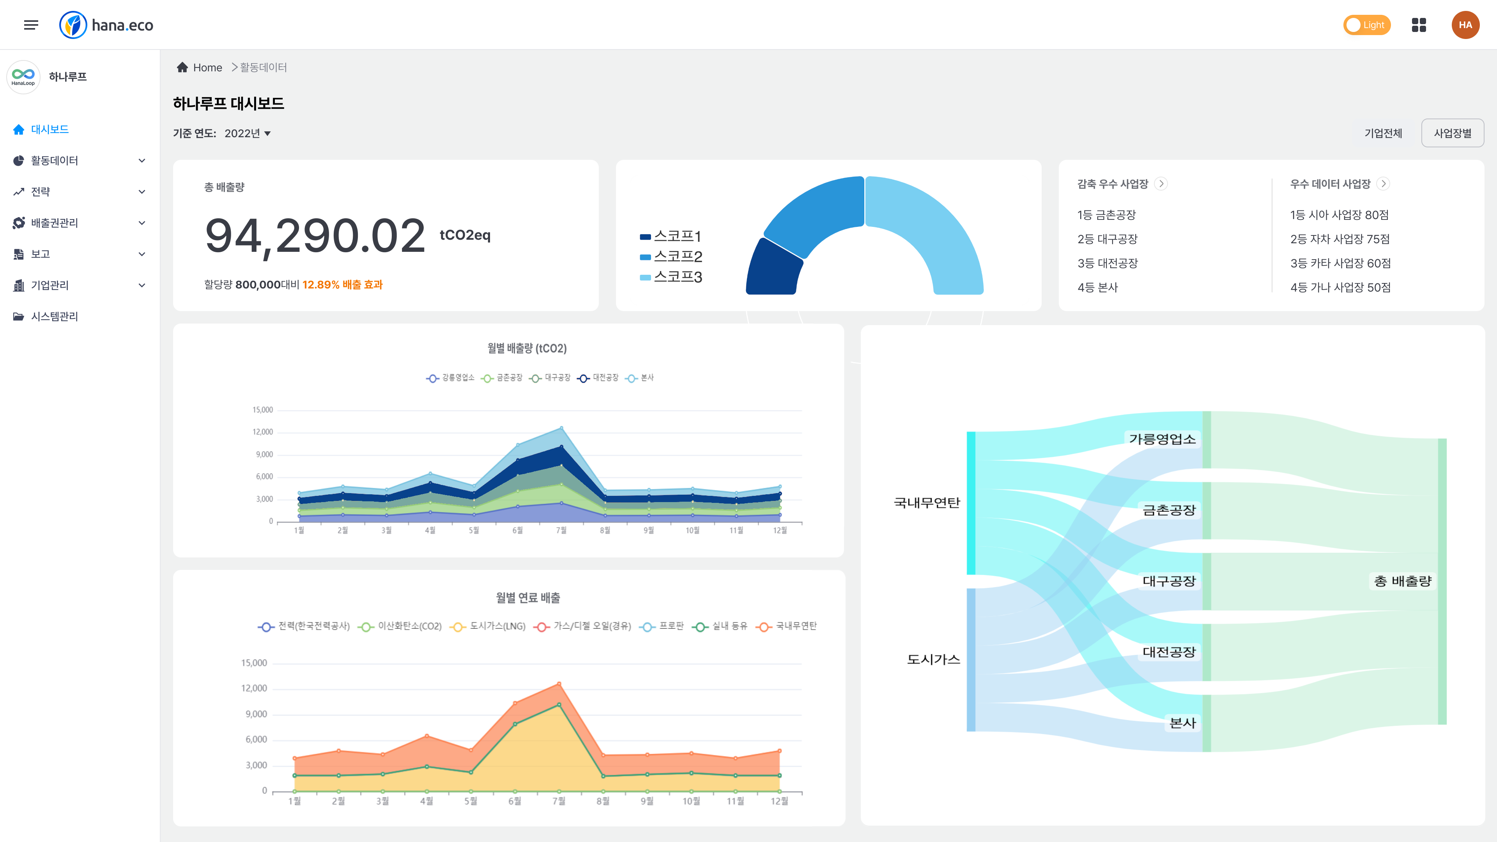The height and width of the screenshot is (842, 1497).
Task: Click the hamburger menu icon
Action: (x=31, y=25)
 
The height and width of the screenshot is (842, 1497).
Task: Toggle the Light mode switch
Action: (x=1366, y=25)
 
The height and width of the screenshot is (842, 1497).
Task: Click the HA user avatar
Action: (x=1465, y=25)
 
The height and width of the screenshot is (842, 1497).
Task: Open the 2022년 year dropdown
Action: (x=248, y=133)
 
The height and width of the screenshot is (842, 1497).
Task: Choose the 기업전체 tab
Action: (x=1383, y=133)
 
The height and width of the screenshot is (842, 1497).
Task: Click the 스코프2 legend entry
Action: (x=671, y=256)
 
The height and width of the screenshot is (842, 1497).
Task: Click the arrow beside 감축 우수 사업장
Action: (x=1161, y=184)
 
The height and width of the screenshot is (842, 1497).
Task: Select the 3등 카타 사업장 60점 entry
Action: (x=1340, y=263)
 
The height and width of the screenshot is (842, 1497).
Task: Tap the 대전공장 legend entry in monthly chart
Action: (x=598, y=378)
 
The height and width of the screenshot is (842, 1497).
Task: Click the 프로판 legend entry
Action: (x=662, y=626)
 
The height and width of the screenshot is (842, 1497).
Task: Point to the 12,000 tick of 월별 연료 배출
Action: (x=254, y=688)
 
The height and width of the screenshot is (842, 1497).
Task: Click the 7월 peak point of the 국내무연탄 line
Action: (x=559, y=684)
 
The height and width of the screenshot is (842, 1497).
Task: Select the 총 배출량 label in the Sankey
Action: (x=1402, y=581)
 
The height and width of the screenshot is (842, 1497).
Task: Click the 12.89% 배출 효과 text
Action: (x=342, y=285)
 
